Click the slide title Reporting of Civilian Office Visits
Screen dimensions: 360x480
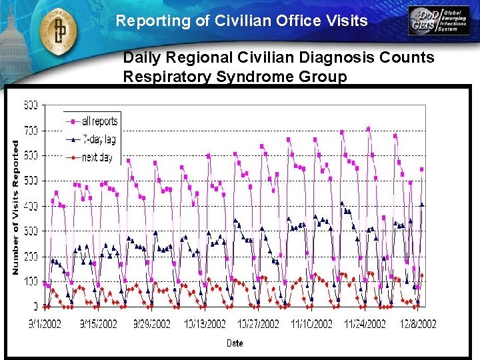(241, 21)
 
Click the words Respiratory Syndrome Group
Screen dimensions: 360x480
(235, 77)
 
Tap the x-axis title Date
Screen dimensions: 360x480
(234, 343)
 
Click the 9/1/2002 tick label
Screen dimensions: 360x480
(46, 324)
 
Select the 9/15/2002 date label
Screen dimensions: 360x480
(99, 324)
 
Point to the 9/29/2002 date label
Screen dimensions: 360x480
(152, 324)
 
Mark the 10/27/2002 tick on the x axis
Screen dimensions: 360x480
(258, 324)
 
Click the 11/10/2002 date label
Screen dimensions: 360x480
(311, 324)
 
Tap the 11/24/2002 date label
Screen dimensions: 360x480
(365, 324)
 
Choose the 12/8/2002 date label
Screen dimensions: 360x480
(418, 324)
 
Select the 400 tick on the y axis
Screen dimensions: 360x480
(31, 206)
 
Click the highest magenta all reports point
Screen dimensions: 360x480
(369, 129)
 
